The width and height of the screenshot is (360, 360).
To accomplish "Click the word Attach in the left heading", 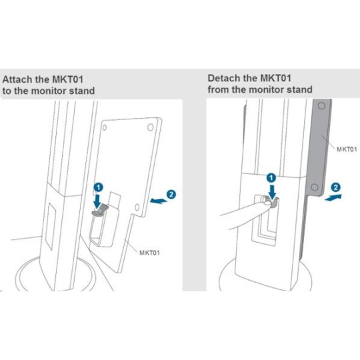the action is (17, 79).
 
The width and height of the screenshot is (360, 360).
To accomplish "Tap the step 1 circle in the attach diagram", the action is (99, 187).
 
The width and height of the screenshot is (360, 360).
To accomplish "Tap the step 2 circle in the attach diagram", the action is (171, 195).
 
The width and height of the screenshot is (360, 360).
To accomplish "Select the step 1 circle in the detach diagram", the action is (271, 178).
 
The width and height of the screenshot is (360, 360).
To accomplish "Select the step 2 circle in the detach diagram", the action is (335, 187).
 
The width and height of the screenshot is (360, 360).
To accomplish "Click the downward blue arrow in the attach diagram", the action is (98, 201).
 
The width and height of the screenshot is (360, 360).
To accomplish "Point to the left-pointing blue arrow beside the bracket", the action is (159, 201).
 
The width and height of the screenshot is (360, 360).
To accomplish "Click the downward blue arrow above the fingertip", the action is (272, 191).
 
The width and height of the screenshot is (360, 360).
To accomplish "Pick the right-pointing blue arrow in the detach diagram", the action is (333, 197).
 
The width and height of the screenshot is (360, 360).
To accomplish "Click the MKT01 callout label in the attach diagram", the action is (149, 253).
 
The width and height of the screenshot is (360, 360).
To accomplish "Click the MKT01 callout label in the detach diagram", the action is (347, 149).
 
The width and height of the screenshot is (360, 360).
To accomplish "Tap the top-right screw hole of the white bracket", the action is (151, 127).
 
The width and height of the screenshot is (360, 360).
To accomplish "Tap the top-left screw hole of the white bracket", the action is (105, 127).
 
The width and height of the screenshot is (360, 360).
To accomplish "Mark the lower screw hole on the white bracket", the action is (137, 207).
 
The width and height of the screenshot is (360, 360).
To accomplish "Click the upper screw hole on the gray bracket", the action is (321, 106).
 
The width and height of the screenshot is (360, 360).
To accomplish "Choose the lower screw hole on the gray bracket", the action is (315, 187).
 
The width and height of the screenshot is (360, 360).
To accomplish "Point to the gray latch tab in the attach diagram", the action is (100, 211).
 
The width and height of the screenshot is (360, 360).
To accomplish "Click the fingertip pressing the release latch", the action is (267, 203).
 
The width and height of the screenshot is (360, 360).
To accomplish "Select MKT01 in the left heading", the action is (68, 79).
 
